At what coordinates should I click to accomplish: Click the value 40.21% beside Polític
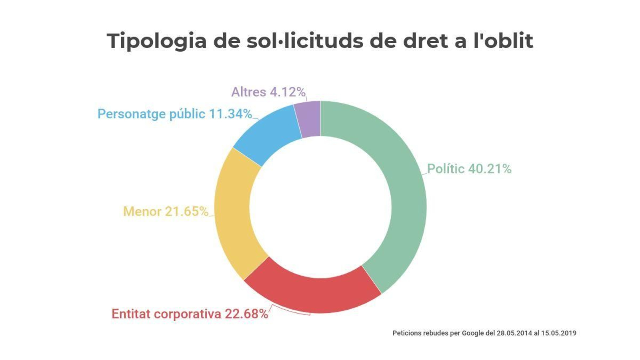click(490, 169)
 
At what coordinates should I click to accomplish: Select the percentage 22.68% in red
click(246, 314)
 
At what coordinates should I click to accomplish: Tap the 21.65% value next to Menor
click(186, 211)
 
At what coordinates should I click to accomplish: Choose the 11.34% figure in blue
click(230, 114)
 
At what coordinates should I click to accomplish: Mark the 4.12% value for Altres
click(288, 92)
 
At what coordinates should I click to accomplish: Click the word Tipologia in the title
click(156, 41)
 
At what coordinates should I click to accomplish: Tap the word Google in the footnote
click(473, 333)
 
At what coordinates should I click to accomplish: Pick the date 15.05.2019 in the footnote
click(558, 333)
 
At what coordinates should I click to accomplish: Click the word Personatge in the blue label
click(132, 114)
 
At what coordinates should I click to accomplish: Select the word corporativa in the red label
click(187, 314)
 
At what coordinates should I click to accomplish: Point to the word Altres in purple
click(248, 92)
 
